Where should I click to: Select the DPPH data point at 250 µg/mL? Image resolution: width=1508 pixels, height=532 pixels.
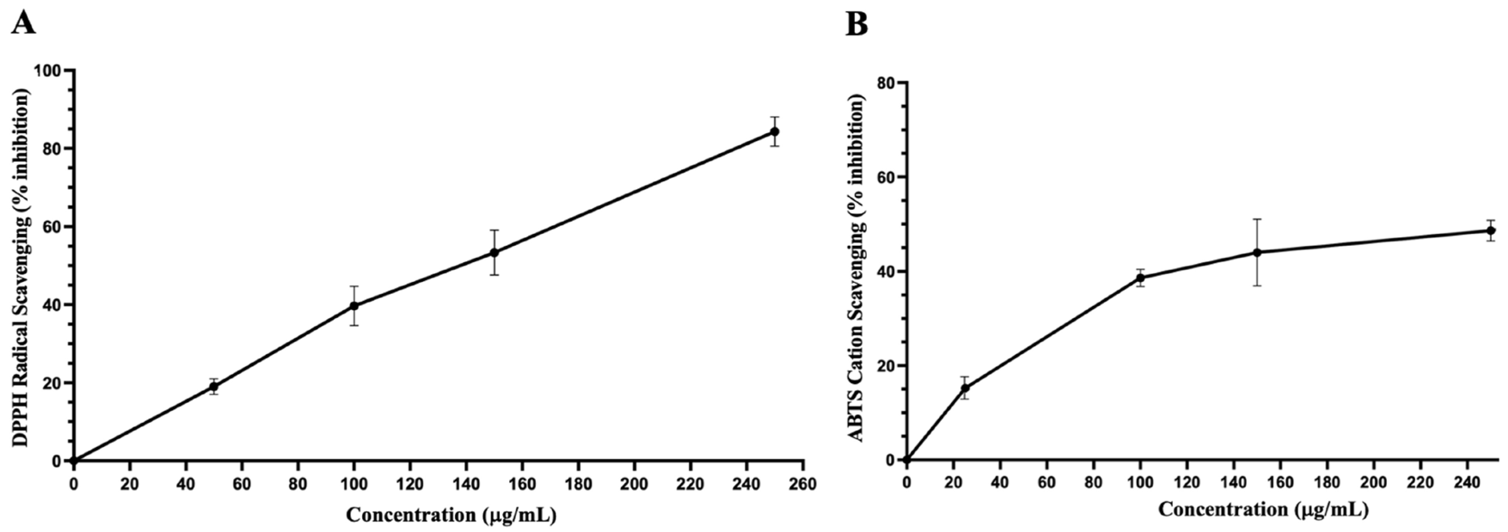pos(774,131)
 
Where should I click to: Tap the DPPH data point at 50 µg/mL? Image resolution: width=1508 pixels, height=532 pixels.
pos(214,386)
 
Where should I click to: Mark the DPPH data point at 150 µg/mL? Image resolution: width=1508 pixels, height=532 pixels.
pos(494,252)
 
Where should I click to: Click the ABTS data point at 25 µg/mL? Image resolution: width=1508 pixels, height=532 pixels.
pos(965,388)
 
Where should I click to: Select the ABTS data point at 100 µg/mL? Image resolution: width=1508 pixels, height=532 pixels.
pos(1140,278)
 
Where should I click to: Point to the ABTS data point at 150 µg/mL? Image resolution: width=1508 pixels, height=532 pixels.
pos(1257,252)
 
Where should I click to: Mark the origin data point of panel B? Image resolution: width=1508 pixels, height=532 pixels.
pos(907,460)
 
